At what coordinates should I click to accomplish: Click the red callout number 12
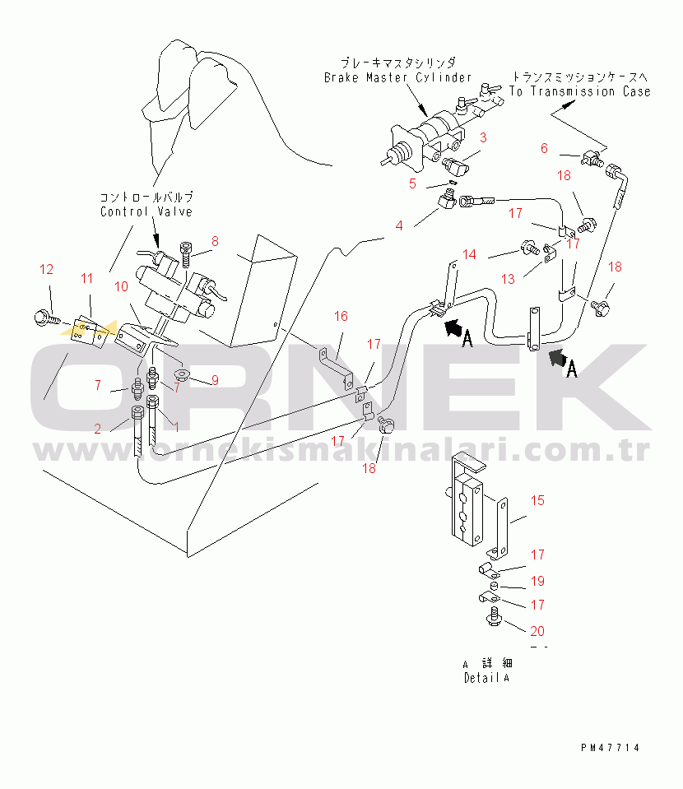coord(46,270)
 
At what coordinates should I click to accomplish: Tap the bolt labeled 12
coord(46,318)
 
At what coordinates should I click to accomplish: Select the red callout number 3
coord(483,138)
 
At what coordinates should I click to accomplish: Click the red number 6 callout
coord(544,148)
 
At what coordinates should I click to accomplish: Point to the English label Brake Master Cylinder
coord(397,77)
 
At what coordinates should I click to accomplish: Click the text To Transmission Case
coord(580,91)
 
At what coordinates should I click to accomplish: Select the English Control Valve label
coord(146,211)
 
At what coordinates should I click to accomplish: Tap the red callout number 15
coord(537,501)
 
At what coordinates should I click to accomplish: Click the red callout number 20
coord(537,631)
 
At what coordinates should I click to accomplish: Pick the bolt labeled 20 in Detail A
coord(494,617)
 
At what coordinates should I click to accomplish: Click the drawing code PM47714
coord(610,748)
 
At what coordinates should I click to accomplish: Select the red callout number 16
coord(341,316)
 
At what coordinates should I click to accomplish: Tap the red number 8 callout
coord(215,242)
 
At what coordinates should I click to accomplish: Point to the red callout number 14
coord(469,254)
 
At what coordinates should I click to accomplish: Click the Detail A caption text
coord(486,678)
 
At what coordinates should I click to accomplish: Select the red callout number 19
coord(537,581)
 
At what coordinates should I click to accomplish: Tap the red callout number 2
coord(98,429)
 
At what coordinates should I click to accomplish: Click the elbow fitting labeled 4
coord(447,199)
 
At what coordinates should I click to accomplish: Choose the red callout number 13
coord(508,279)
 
